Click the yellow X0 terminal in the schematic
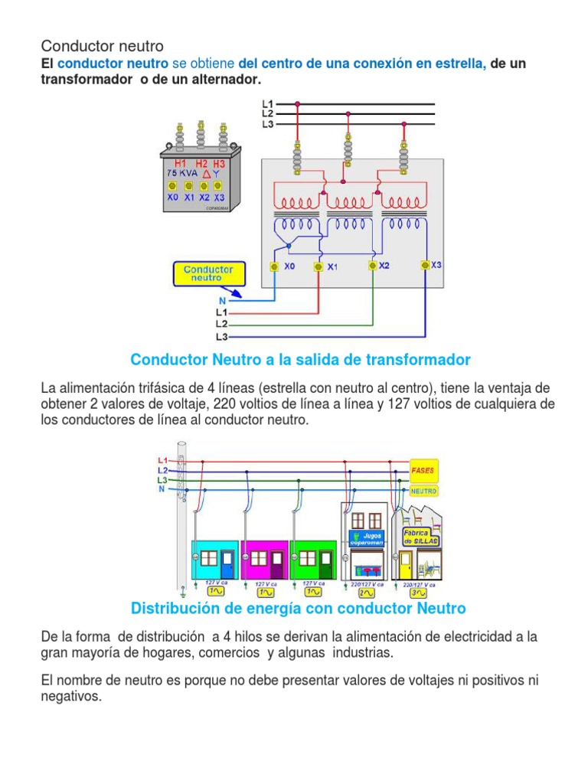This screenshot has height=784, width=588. (273, 266)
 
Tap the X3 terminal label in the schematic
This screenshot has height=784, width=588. (436, 265)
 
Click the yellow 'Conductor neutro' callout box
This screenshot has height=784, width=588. (209, 274)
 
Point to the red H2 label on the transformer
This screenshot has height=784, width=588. (201, 164)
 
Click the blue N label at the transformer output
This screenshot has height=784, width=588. (222, 301)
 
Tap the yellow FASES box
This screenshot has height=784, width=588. (423, 469)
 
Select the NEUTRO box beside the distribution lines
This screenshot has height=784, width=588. (423, 490)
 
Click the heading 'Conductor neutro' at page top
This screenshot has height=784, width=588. (102, 47)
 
